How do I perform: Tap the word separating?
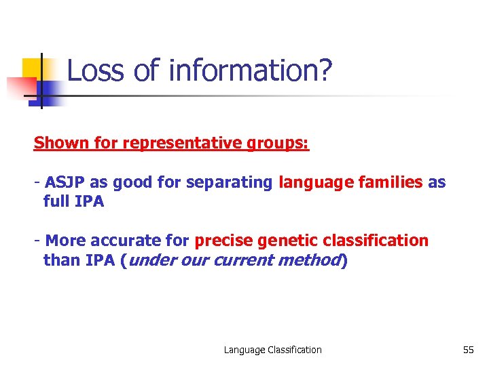click(x=229, y=183)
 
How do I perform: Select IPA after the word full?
click(x=90, y=201)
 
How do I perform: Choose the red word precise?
click(x=223, y=241)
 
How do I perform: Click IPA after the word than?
click(x=100, y=260)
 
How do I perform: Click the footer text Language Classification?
click(x=273, y=350)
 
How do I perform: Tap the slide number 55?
click(x=468, y=350)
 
